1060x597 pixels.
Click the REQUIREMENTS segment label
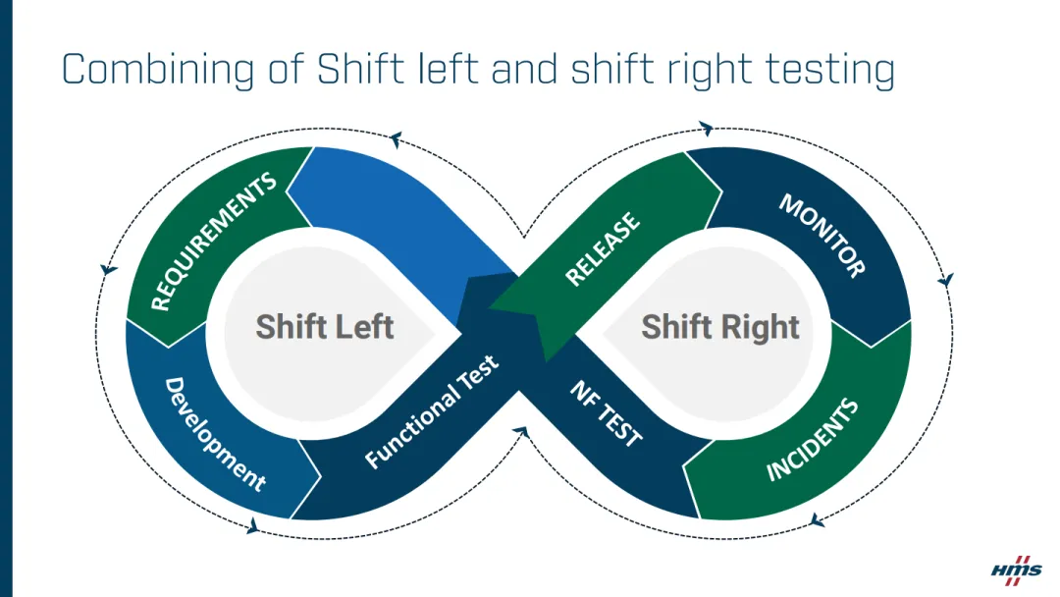click(213, 242)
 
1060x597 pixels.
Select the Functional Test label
click(432, 411)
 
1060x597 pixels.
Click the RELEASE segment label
click(602, 249)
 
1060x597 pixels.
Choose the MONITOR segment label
click(822, 236)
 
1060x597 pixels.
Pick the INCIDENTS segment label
click(812, 440)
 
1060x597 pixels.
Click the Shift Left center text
click(324, 326)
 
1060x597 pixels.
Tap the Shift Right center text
click(720, 326)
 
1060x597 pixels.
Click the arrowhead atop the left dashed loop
click(396, 137)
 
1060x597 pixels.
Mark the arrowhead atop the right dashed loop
click(705, 129)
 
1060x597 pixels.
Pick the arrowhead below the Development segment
click(252, 527)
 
